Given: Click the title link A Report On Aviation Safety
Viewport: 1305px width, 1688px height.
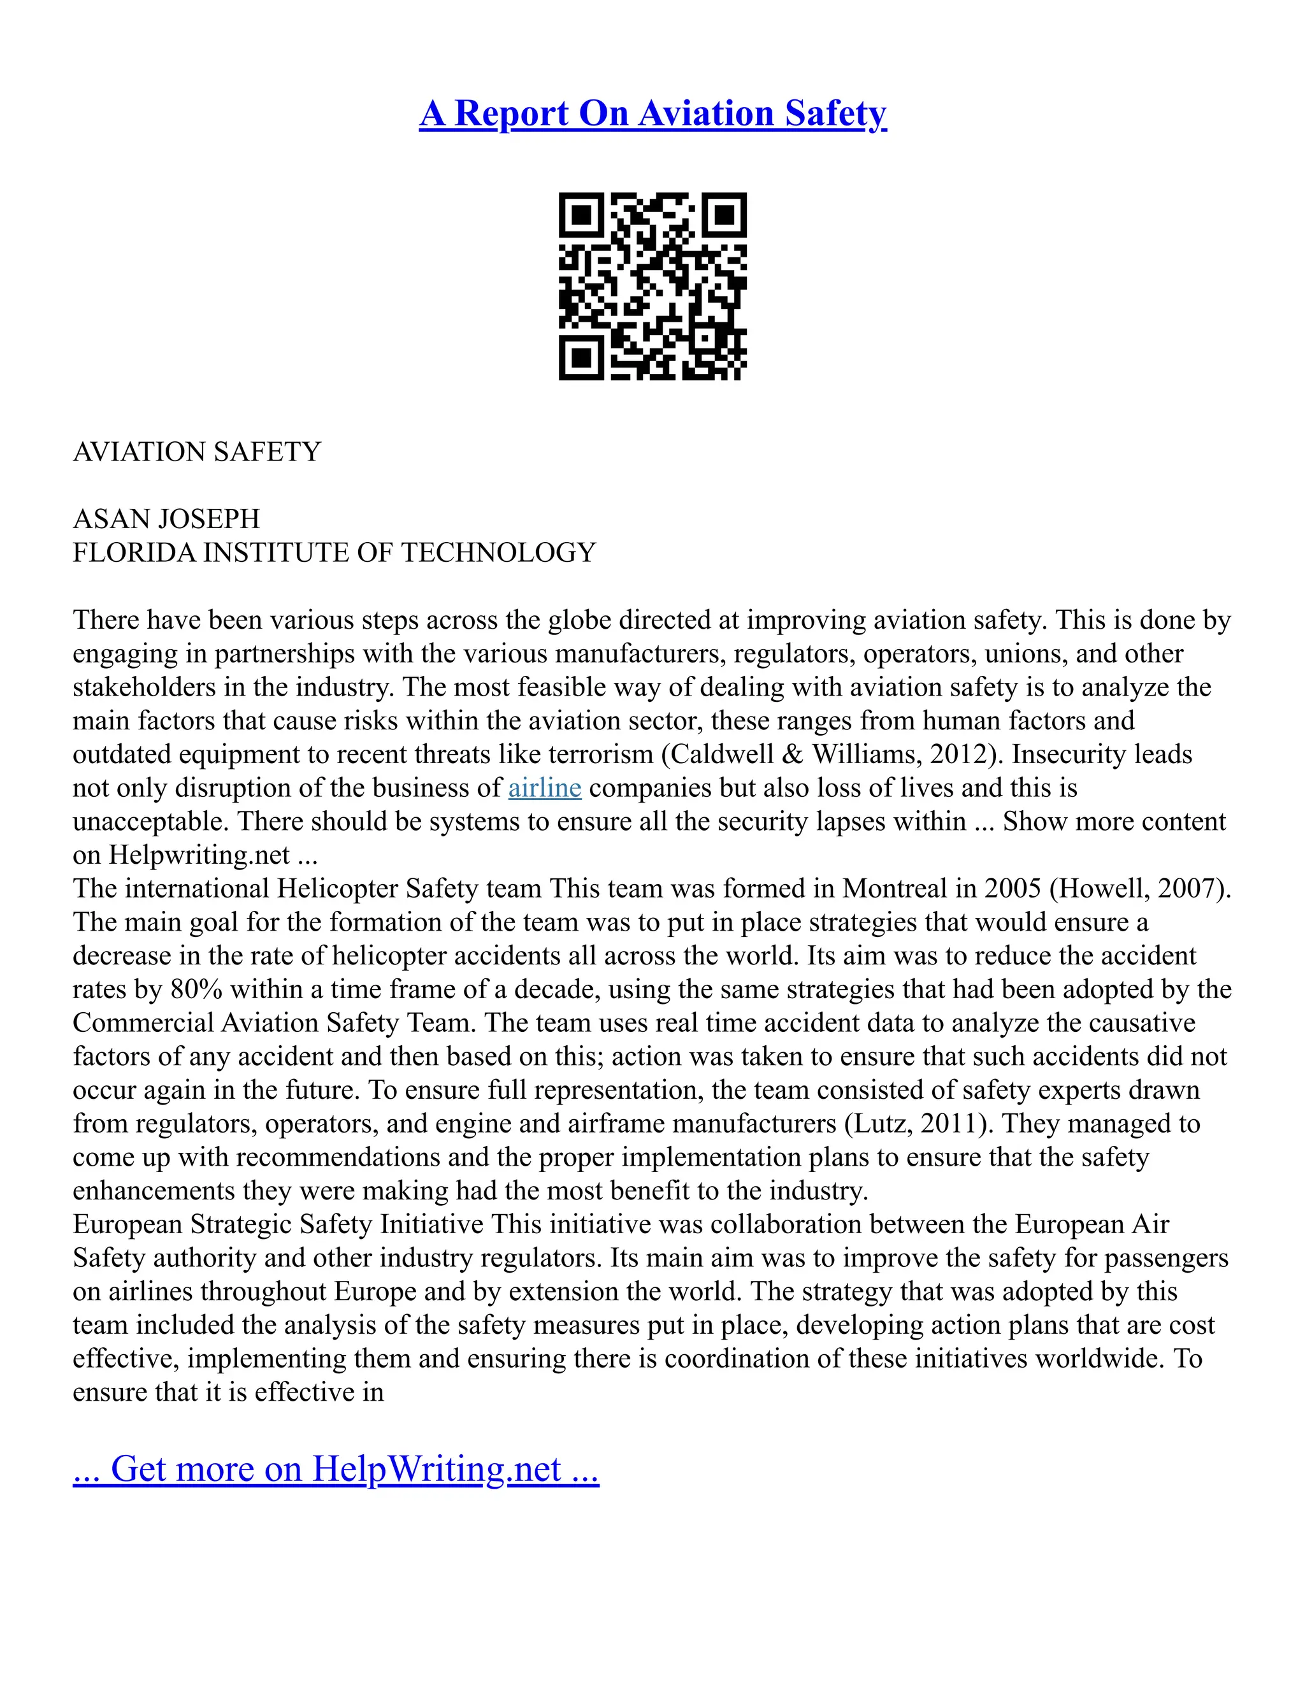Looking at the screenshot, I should (x=652, y=113).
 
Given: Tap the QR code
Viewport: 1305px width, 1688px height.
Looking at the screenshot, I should (x=652, y=286).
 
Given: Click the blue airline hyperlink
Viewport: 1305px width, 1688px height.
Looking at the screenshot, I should (x=544, y=787).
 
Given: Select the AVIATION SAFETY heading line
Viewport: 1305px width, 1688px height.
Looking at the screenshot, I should (x=196, y=452).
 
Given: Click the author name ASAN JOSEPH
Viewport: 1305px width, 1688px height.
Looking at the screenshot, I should (x=166, y=519).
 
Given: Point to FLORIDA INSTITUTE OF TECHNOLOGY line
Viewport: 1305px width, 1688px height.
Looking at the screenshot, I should (x=334, y=553).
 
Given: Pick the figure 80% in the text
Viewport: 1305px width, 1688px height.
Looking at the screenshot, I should (x=196, y=989).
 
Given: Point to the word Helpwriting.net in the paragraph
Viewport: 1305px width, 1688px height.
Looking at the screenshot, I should (x=199, y=855).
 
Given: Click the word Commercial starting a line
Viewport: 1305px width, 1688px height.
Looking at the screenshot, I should (x=143, y=1024).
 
